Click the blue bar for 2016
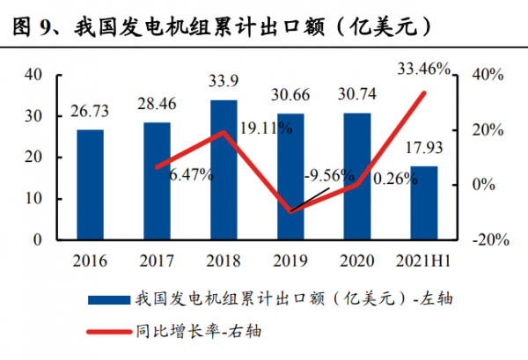tap(90, 184)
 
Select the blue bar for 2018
tap(224, 169)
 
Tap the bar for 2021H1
tap(424, 202)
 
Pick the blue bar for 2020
tap(357, 176)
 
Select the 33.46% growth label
tap(423, 67)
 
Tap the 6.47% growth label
tap(185, 174)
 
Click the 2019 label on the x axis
tap(290, 261)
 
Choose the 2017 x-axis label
tap(157, 261)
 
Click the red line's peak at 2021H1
tap(424, 92)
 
